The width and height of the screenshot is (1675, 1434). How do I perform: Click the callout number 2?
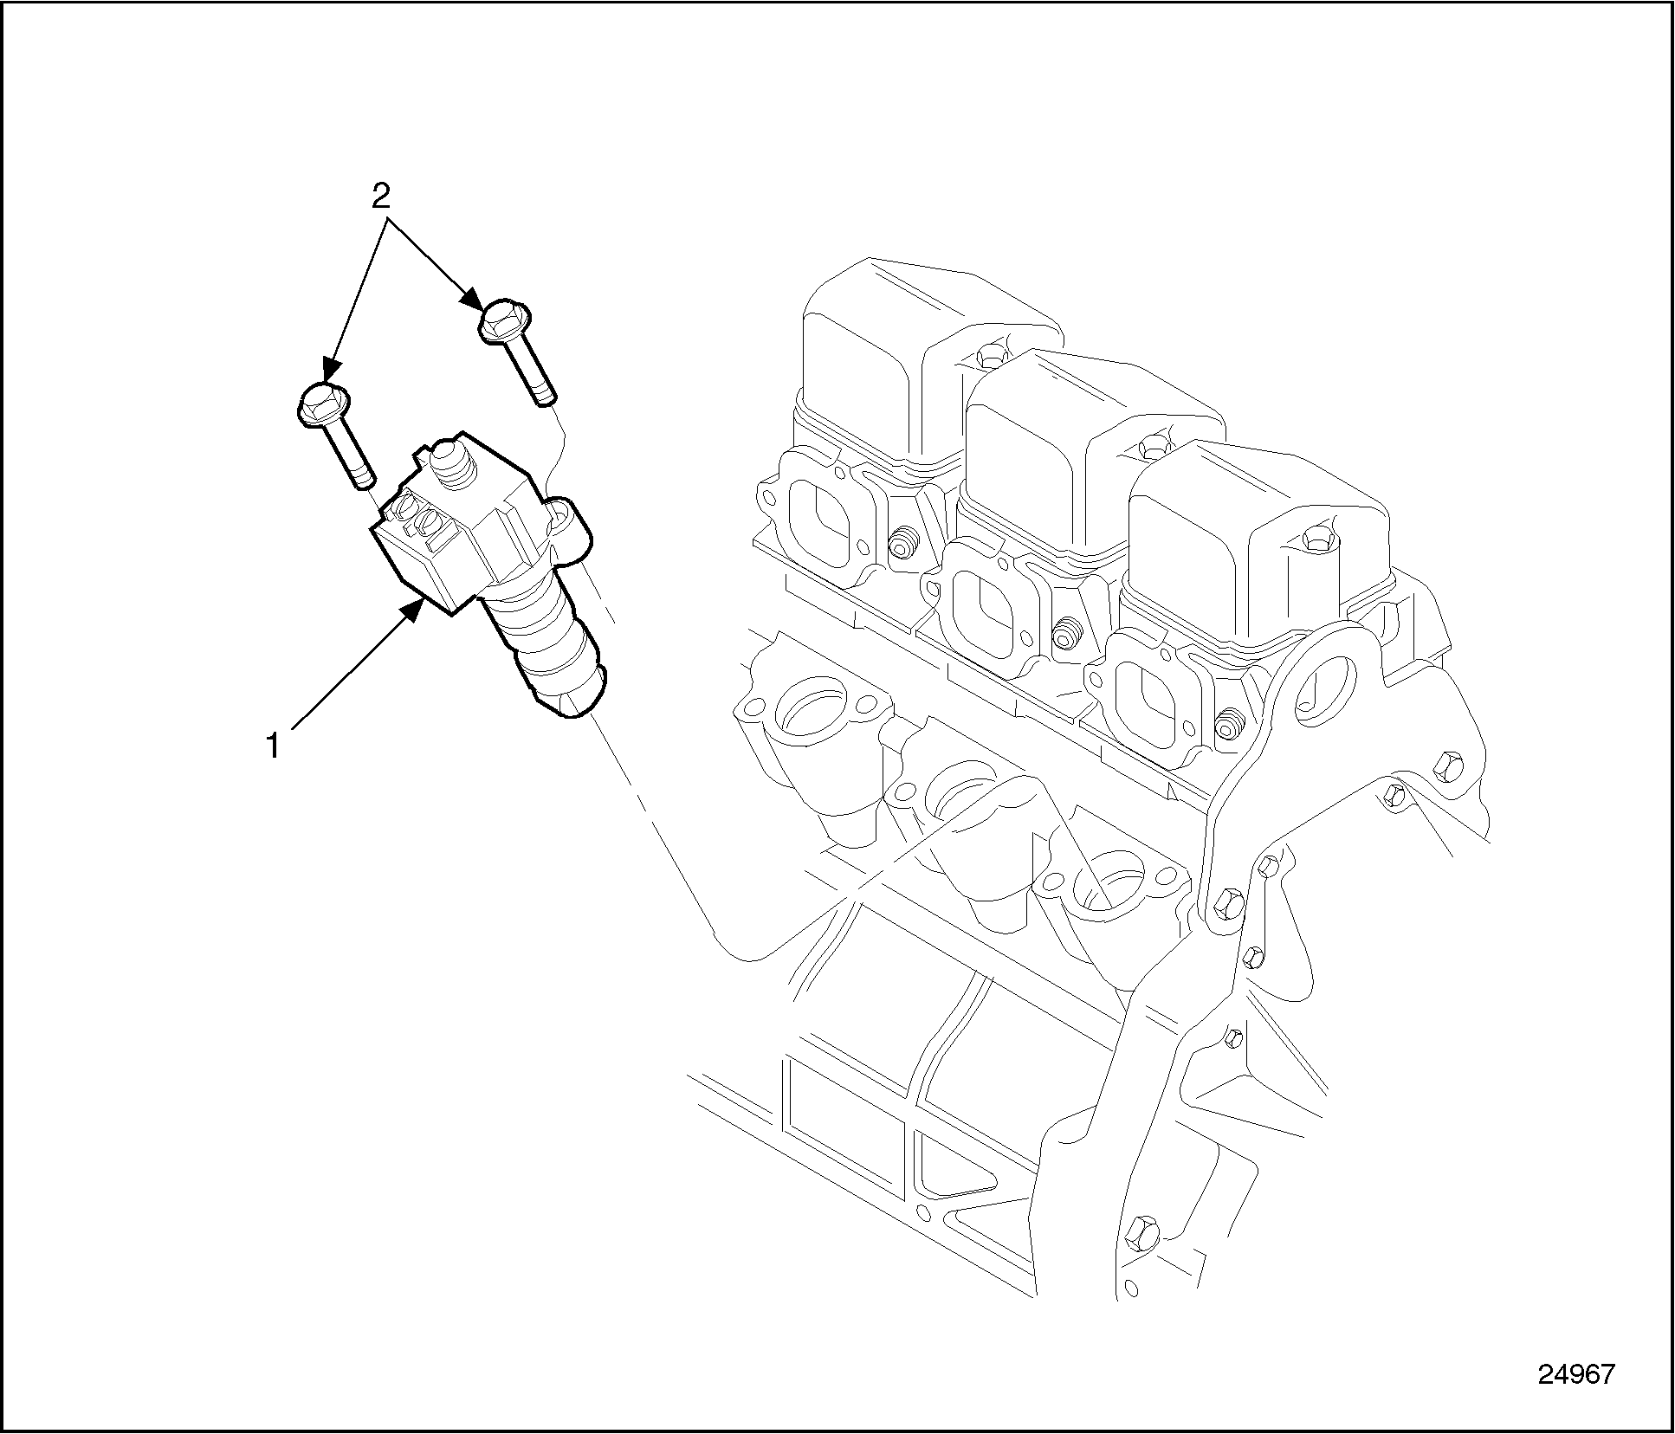(381, 197)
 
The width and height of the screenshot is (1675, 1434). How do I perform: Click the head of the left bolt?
(325, 404)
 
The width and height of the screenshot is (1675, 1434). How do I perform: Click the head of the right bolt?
(505, 321)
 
